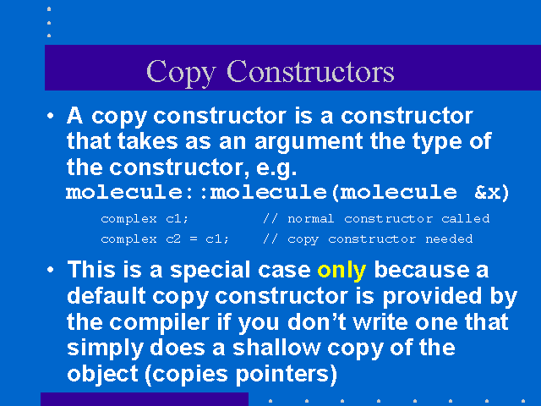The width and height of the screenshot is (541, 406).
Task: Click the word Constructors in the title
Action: (310, 71)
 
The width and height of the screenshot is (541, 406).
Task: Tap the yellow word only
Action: (342, 271)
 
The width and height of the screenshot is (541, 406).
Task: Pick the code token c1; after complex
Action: (178, 219)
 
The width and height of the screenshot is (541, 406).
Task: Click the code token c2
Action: (173, 239)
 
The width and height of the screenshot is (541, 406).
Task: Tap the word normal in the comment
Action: (310, 219)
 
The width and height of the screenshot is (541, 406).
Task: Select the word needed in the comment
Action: (449, 239)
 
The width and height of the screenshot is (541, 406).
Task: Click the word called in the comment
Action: (466, 218)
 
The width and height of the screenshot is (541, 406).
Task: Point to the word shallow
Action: (276, 348)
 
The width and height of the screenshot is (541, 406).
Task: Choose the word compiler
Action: (160, 323)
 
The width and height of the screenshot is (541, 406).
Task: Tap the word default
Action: (107, 296)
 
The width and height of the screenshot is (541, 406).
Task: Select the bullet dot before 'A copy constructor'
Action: (51, 116)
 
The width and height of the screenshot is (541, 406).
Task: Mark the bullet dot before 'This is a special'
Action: (51, 270)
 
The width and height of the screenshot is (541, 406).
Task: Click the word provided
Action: (432, 296)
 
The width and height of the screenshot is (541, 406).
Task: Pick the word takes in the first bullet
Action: (147, 141)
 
